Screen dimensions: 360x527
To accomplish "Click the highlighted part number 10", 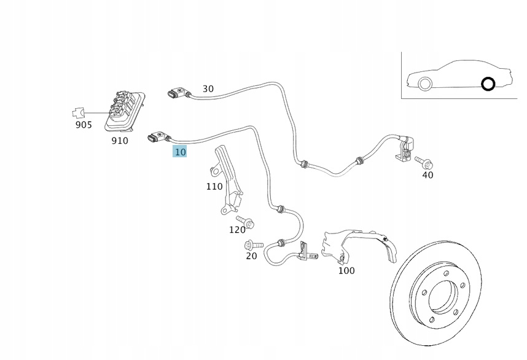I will (180, 151).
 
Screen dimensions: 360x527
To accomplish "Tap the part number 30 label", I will (208, 88).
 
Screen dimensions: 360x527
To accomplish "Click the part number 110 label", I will (214, 186).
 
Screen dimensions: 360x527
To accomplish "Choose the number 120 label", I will (237, 230).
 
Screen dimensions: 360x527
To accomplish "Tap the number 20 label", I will (251, 256).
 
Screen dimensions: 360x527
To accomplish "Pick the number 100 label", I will (346, 270).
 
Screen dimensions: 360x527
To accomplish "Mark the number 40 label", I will (427, 175).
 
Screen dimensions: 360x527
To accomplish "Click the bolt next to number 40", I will (424, 162).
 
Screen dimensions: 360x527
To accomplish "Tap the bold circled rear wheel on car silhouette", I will (488, 84).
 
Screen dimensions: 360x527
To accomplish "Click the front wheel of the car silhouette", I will (423, 84).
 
